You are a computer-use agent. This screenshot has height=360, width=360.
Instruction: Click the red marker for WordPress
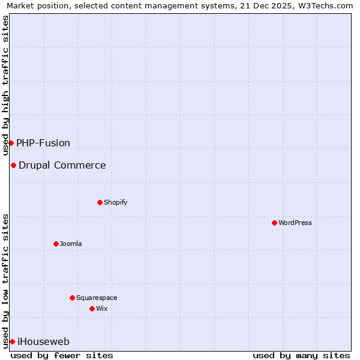click(274, 223)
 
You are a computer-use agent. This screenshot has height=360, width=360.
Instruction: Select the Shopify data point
click(100, 202)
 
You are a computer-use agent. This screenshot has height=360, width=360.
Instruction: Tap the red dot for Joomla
click(56, 244)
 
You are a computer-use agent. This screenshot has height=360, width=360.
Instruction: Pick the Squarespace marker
click(72, 298)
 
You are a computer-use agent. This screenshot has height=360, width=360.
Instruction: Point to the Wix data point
click(92, 308)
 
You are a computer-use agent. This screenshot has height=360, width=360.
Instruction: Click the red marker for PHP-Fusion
click(11, 143)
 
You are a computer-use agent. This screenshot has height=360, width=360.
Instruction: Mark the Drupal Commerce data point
click(13, 165)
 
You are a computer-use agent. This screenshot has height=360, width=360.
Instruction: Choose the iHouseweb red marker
click(12, 341)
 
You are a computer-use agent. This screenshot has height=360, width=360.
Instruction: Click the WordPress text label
click(295, 223)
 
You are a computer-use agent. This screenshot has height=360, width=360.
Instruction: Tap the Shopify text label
click(116, 202)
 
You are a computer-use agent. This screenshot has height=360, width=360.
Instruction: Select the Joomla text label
click(71, 244)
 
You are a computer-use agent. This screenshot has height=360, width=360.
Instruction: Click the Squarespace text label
click(97, 298)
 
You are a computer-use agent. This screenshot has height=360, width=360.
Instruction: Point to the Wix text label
click(102, 308)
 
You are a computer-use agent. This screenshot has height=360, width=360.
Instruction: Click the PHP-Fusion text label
click(43, 143)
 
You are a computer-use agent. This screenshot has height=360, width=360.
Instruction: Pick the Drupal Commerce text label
click(62, 165)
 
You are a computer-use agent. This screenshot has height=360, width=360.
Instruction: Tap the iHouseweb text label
click(43, 341)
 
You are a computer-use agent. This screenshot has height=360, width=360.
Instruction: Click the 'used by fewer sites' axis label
click(62, 355)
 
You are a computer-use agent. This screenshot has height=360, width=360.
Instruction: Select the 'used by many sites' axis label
click(301, 355)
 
